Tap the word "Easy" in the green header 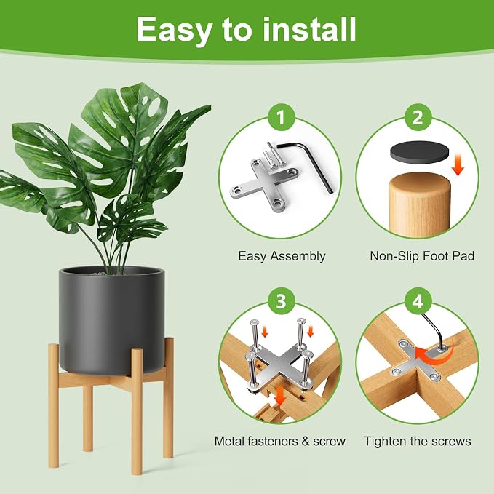pos(174,31)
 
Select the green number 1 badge pos(281,118)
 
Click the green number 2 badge pos(418,118)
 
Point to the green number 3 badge pos(281,301)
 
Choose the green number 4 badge pos(418,301)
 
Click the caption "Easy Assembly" pos(282,256)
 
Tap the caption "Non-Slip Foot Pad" pos(422,256)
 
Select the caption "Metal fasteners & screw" pos(280,441)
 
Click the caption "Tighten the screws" pos(418,441)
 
